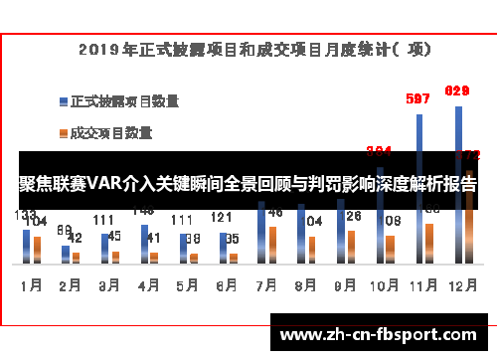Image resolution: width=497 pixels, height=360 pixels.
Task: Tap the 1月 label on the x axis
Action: tap(32, 284)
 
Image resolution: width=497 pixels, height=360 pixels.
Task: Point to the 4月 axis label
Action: tap(148, 284)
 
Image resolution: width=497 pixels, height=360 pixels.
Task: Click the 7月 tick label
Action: tap(265, 284)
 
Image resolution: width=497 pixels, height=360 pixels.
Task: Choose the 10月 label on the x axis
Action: tap(383, 284)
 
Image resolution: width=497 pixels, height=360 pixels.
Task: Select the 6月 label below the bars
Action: tap(227, 284)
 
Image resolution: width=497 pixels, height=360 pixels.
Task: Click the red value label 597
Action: tap(418, 98)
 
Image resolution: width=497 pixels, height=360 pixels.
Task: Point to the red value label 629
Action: tap(456, 90)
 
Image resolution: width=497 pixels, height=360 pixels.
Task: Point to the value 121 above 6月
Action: tap(221, 218)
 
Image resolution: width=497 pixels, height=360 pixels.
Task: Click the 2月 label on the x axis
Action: tap(71, 284)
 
